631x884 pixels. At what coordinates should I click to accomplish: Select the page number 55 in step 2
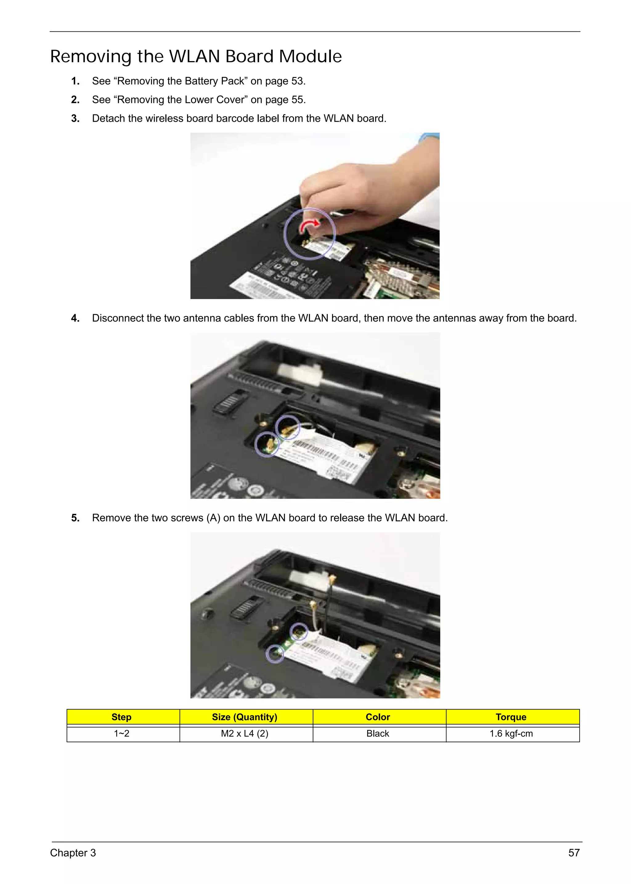tap(297, 100)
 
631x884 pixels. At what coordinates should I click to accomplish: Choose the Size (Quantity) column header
tap(244, 717)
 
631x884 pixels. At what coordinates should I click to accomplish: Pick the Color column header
tap(378, 717)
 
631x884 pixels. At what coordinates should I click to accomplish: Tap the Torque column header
tap(511, 717)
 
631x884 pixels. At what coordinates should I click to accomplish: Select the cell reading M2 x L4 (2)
tap(244, 734)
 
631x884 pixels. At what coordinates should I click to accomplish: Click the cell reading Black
tap(378, 734)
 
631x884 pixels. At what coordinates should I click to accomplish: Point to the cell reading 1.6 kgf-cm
tap(511, 734)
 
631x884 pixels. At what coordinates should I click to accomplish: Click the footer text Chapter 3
tap(73, 853)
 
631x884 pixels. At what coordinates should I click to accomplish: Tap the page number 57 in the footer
tap(574, 853)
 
